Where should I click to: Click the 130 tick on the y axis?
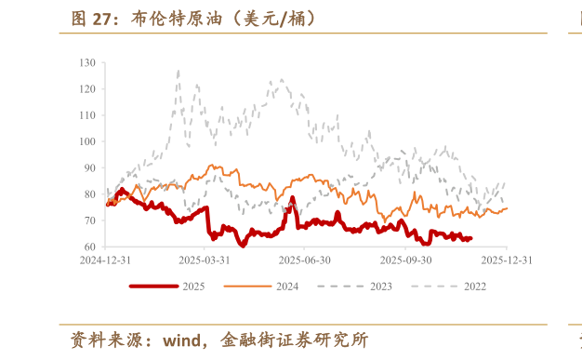[x=87, y=62]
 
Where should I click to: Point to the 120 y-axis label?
[x=87, y=89]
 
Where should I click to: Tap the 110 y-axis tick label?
[x=87, y=115]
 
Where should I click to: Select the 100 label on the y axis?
[x=87, y=141]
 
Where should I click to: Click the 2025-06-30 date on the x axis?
[x=304, y=260]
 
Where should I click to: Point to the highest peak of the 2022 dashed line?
[x=178, y=70]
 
